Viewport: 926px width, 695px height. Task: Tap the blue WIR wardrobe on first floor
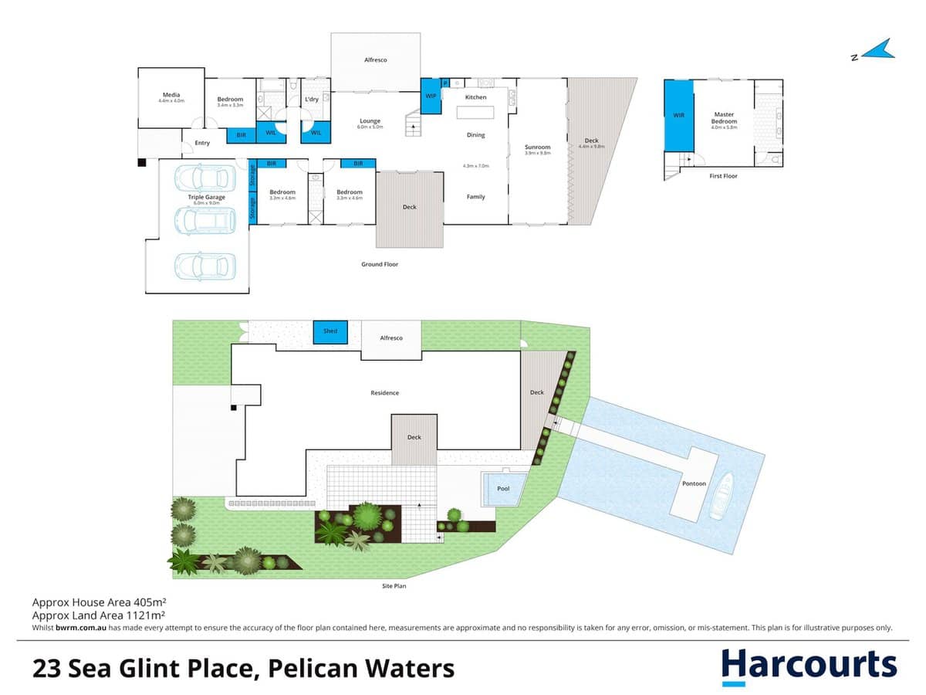pos(678,116)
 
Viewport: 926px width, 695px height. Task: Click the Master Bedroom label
pos(724,117)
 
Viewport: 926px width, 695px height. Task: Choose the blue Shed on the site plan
pos(330,331)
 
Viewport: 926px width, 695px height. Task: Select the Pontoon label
pos(694,484)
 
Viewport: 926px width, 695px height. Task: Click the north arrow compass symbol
pos(874,52)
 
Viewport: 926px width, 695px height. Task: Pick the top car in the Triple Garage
pos(204,178)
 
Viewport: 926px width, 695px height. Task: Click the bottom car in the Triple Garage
pos(204,266)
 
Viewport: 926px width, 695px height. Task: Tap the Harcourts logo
pos(809,666)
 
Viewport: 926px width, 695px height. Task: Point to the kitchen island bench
pos(476,113)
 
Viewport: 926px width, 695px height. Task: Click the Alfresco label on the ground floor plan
pos(376,59)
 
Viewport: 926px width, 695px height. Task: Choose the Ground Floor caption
pos(380,264)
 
